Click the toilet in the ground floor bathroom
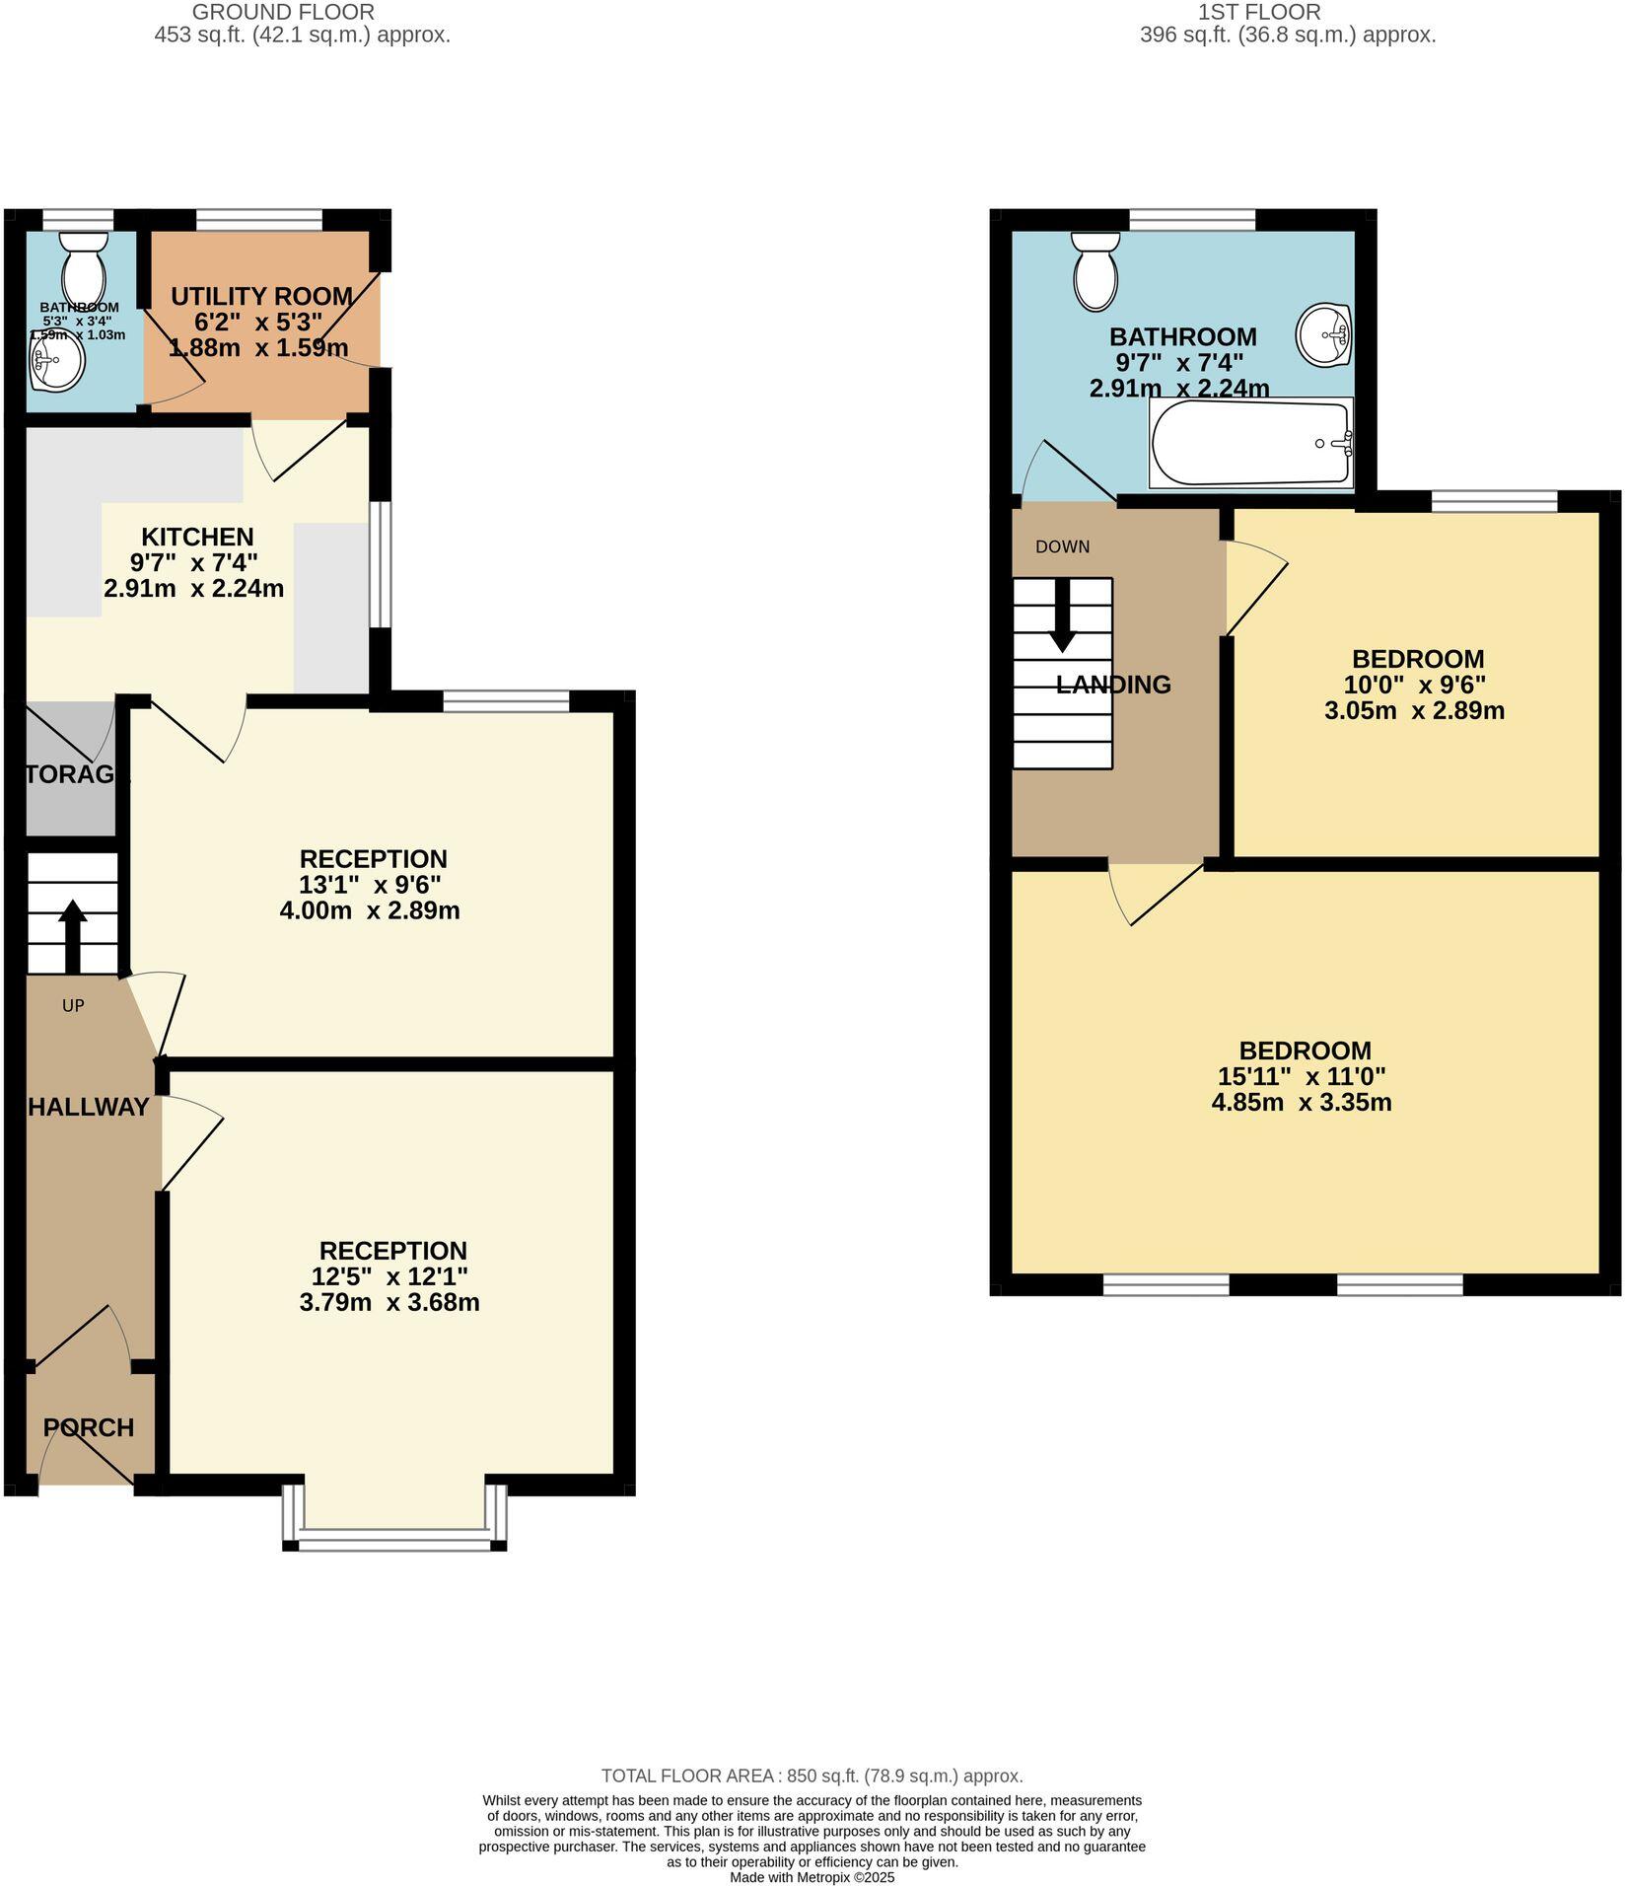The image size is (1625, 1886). (x=83, y=262)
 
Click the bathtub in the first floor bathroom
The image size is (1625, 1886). (x=1251, y=443)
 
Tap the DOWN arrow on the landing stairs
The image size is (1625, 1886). (x=1062, y=615)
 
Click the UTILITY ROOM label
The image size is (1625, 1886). (x=261, y=296)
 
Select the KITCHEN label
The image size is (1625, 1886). (x=197, y=537)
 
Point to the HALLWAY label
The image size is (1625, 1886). (x=89, y=1107)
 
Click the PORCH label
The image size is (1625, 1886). (x=89, y=1427)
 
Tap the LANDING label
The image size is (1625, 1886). (x=1113, y=685)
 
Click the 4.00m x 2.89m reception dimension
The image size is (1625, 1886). (x=370, y=910)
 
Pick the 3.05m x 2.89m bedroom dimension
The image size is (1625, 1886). (x=1414, y=711)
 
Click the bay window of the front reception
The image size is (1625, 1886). (x=394, y=1540)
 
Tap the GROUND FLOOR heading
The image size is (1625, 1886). (x=283, y=13)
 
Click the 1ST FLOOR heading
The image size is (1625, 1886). (x=1258, y=13)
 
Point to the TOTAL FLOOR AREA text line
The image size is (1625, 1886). (x=812, y=1777)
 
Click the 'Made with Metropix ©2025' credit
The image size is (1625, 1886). (x=812, y=1878)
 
